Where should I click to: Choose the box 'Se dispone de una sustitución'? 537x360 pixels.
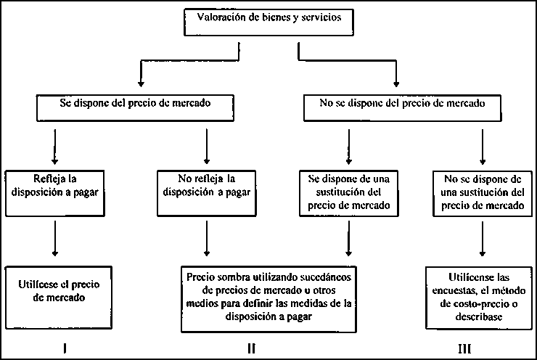coord(349,191)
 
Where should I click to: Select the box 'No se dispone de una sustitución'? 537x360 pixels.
coord(480,191)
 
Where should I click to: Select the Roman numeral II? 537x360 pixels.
coord(251,348)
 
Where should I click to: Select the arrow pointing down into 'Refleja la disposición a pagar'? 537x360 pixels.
coord(54,144)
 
